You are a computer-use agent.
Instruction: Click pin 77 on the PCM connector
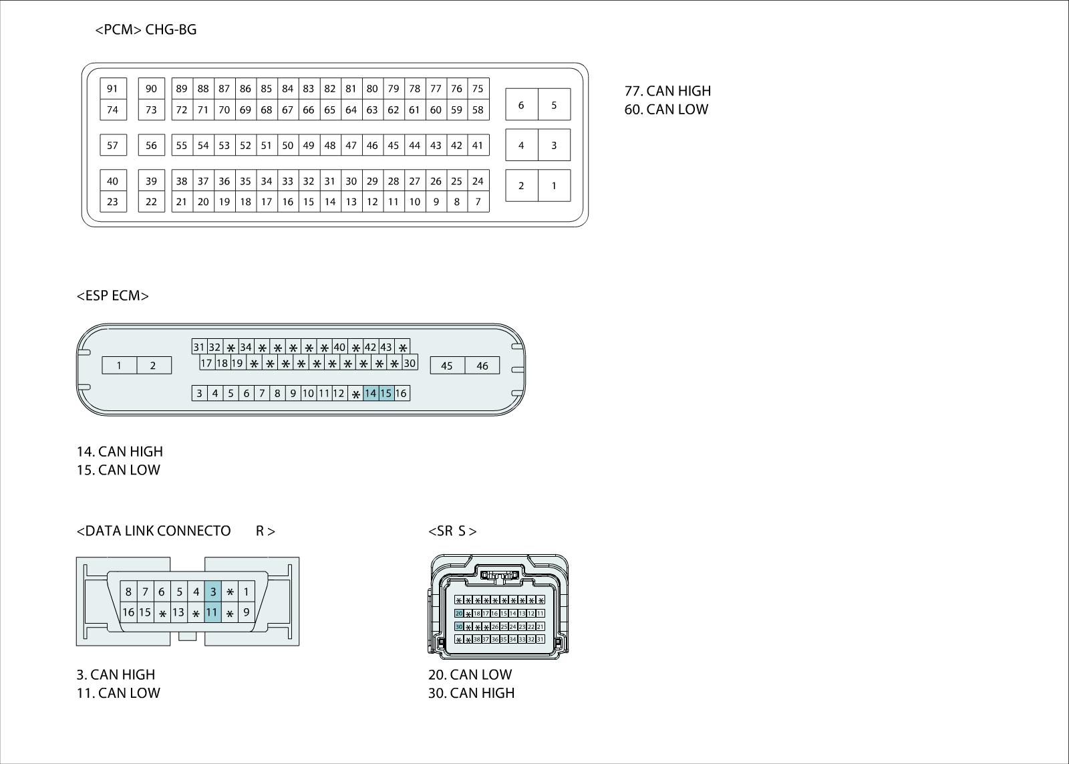tap(436, 88)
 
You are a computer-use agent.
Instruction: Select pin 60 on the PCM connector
tap(436, 110)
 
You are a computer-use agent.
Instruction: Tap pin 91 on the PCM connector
tap(113, 88)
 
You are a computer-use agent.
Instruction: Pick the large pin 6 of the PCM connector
tap(521, 104)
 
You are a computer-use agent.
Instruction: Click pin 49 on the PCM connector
tap(308, 145)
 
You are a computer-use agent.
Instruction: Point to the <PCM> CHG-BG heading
tap(146, 29)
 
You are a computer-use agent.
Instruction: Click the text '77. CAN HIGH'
tap(667, 91)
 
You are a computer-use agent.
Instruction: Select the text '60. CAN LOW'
tap(666, 110)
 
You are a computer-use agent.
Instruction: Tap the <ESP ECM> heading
tap(113, 295)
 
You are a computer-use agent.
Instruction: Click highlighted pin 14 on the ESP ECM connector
tap(370, 393)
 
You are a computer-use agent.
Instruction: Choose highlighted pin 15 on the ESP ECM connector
tap(386, 393)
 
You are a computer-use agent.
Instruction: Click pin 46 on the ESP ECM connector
tap(482, 366)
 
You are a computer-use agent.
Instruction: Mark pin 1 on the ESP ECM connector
tap(119, 365)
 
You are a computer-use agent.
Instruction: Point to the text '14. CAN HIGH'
tap(120, 452)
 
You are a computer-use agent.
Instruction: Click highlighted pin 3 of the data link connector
tap(212, 592)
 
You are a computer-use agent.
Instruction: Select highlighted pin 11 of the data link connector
tap(212, 612)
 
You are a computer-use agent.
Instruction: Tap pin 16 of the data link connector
tap(128, 612)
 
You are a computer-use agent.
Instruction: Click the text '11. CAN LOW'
tap(118, 693)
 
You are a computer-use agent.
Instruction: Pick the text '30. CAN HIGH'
tap(471, 693)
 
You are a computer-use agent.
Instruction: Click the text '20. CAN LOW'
tap(470, 674)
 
